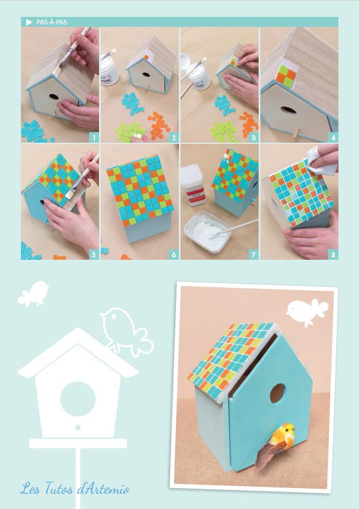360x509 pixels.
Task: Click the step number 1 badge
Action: click(94, 137)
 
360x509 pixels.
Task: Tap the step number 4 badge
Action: click(333, 137)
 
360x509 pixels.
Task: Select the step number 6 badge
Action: click(174, 254)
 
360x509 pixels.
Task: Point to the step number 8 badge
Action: click(333, 254)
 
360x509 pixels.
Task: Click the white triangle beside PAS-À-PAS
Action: click(29, 22)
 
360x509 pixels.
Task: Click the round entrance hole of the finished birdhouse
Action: click(277, 393)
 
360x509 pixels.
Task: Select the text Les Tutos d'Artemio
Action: click(75, 489)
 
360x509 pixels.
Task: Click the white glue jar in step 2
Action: click(110, 72)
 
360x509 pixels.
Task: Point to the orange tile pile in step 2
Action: click(158, 125)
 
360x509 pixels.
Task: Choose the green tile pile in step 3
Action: click(224, 132)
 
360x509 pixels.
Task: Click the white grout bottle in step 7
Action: click(193, 185)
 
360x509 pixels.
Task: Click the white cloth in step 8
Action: click(322, 161)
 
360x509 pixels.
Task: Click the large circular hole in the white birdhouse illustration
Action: click(78, 398)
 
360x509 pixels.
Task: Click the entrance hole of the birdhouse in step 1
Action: click(54, 97)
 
